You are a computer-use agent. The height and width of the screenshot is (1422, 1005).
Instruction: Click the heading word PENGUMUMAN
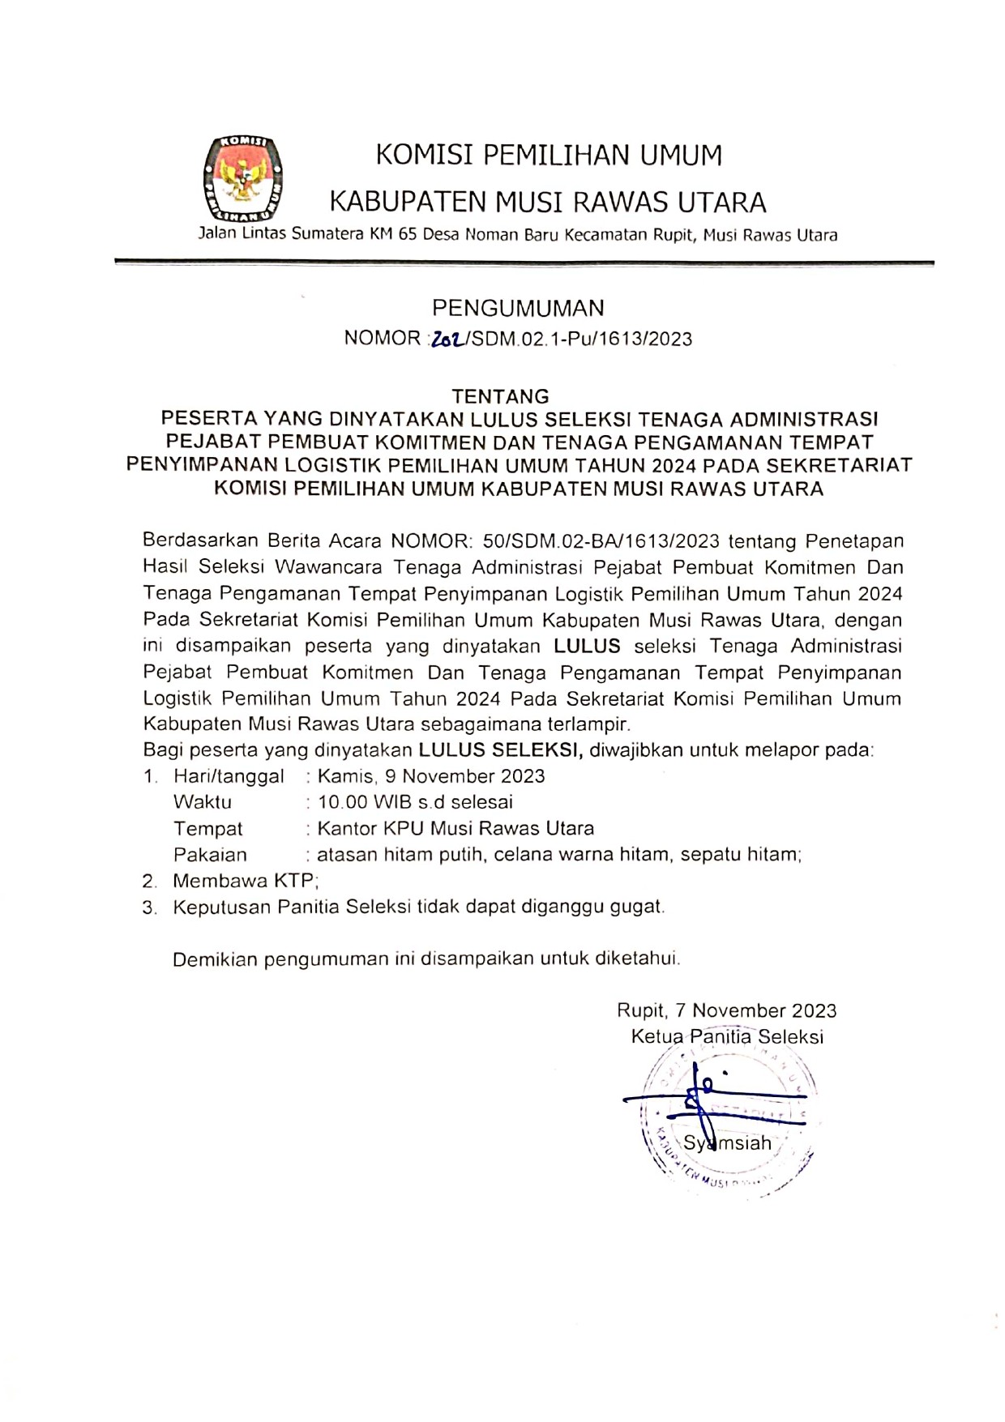[518, 308]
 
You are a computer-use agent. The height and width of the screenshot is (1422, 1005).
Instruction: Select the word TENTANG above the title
[500, 396]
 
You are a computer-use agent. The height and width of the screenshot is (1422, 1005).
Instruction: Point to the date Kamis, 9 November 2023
[431, 776]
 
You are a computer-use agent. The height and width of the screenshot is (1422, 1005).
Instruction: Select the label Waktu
[203, 802]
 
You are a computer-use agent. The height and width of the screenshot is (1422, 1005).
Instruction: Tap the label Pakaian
[210, 855]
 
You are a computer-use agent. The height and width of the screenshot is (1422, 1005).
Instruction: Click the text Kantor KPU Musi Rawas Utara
[455, 829]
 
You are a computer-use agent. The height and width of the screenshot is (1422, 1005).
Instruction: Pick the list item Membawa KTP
[246, 881]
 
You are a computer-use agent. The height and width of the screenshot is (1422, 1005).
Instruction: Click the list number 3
[149, 908]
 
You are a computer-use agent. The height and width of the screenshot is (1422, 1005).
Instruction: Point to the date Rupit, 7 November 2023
[726, 1010]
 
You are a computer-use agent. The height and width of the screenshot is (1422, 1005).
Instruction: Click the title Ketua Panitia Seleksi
[727, 1036]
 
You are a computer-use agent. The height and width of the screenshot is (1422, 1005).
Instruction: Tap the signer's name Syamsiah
[727, 1143]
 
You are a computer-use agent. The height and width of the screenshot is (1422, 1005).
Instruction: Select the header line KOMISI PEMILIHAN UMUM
[549, 155]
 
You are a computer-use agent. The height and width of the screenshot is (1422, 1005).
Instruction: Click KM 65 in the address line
[391, 236]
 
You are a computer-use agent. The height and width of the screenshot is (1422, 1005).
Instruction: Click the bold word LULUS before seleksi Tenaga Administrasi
[587, 647]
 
